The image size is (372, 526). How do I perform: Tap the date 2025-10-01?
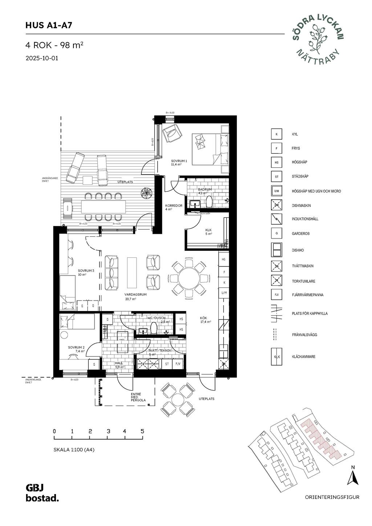coord(42,58)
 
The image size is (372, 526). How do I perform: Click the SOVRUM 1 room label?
coord(179,162)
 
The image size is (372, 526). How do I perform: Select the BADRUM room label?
coord(205,191)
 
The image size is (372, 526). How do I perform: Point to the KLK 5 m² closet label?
coord(209,232)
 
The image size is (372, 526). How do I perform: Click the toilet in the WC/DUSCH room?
coord(154,328)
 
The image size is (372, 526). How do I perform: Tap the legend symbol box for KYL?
coord(276,134)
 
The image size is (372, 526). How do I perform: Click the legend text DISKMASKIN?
coord(301,205)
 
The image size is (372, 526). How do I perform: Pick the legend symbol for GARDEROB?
coord(276,233)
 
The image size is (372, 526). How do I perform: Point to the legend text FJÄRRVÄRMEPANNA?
coord(307,295)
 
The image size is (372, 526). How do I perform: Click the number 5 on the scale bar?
coord(142,431)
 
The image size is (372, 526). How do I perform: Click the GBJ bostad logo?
coord(42,493)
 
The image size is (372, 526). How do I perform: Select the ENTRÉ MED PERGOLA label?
coord(138,397)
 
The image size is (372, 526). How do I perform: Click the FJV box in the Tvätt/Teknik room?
coord(178,363)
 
